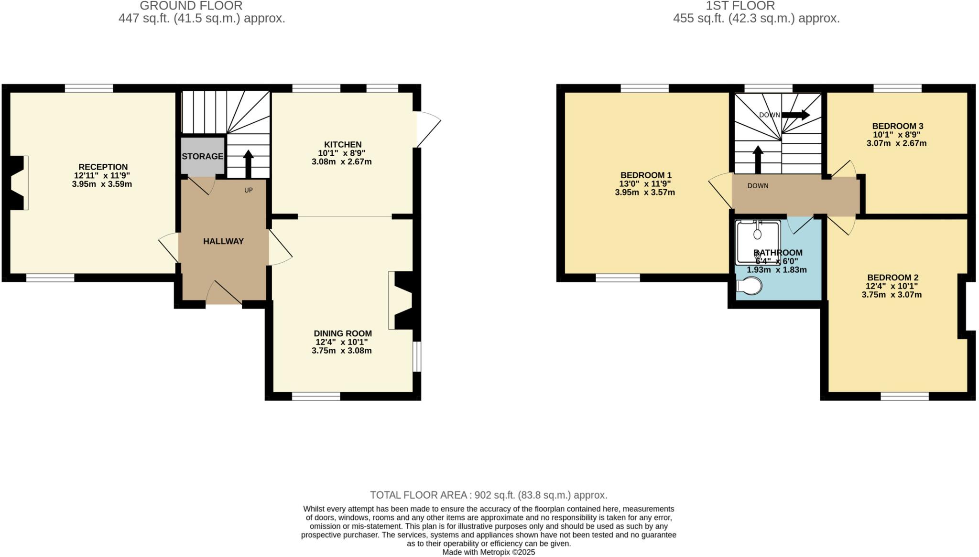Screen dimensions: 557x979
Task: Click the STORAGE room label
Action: [202, 156]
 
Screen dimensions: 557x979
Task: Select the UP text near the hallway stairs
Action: [248, 190]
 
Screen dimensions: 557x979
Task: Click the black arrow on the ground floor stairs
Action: [248, 163]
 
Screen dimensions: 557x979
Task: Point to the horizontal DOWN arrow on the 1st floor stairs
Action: [795, 115]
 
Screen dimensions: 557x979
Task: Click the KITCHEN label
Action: [343, 144]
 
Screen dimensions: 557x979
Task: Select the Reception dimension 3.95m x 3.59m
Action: [102, 184]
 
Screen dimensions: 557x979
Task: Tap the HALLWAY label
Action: [223, 241]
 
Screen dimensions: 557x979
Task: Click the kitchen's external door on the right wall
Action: [427, 129]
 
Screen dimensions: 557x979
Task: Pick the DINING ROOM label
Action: [342, 333]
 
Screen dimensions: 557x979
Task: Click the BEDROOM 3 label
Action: [897, 126]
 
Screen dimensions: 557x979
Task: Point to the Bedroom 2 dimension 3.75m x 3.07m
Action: [892, 295]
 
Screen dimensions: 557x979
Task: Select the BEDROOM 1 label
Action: [645, 175]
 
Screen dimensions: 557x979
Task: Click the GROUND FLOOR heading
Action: [191, 6]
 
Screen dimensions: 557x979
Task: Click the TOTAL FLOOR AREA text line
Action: [489, 495]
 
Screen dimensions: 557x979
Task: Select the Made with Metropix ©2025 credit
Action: [489, 552]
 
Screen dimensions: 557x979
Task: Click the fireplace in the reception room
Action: [18, 182]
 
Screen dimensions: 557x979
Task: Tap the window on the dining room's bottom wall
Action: [316, 396]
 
